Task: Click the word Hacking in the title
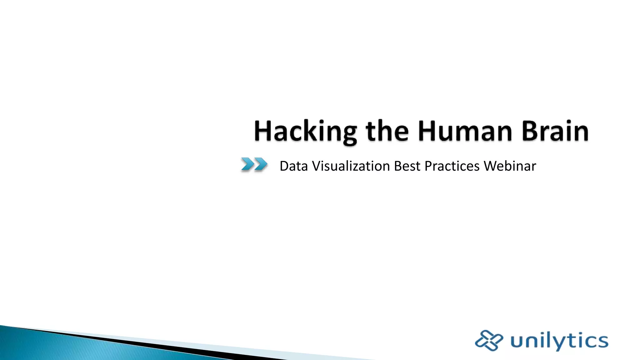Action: [305, 132]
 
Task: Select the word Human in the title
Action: [465, 131]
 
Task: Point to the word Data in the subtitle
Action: [294, 166]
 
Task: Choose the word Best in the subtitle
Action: [407, 166]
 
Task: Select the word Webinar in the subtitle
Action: [510, 166]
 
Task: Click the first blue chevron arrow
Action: [247, 164]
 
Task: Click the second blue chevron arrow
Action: [261, 164]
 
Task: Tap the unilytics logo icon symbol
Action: [489, 340]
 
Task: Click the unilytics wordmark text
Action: [559, 341]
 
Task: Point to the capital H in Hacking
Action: [263, 131]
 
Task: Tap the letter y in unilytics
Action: [558, 342]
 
